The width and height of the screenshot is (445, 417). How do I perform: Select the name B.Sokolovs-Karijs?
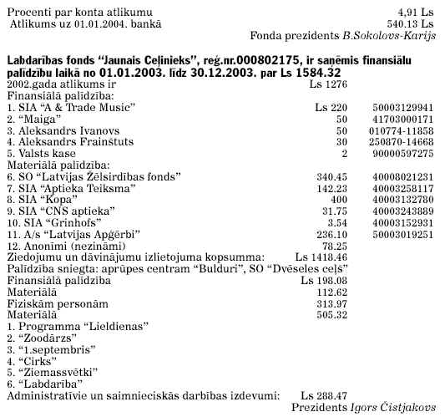coord(389,38)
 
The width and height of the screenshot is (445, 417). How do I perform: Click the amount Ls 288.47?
coord(324,395)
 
